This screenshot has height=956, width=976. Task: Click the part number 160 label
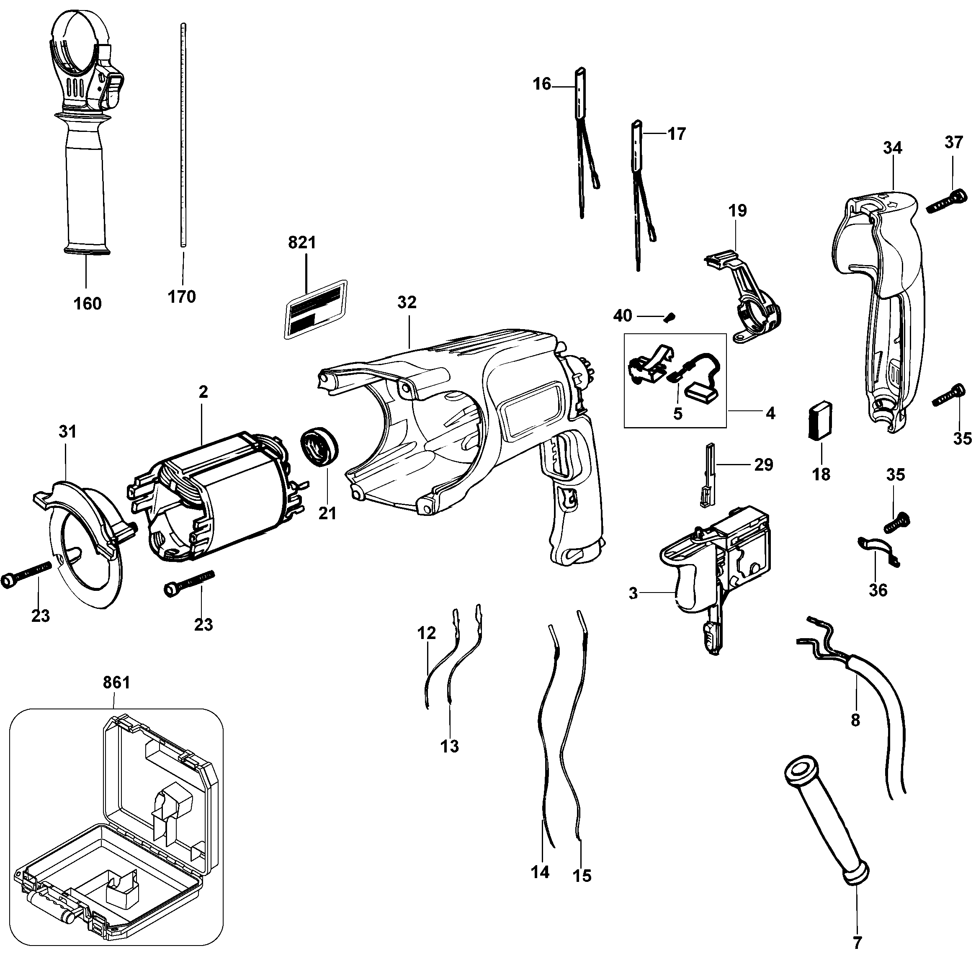click(x=88, y=304)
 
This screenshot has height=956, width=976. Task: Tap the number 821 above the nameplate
click(x=302, y=242)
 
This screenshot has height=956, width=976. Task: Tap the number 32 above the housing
click(x=407, y=302)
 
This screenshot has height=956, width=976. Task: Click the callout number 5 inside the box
click(x=678, y=414)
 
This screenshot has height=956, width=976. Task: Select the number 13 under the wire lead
click(x=449, y=746)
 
